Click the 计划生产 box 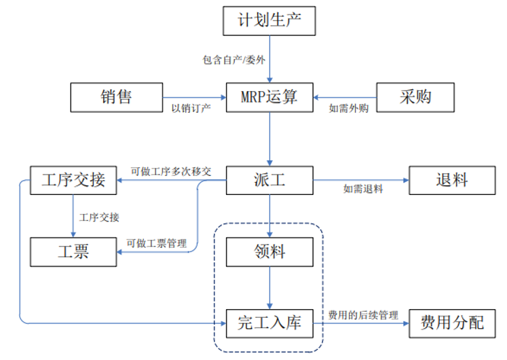coord(269,20)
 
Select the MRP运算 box coord(269,97)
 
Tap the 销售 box coord(117,97)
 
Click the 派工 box coord(269,181)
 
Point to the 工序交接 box coord(73,181)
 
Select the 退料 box coord(451,181)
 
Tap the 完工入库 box coord(269,322)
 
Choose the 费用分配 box coord(451,322)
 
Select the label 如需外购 coord(348,108)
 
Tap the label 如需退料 coord(363,189)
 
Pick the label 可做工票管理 coord(157,242)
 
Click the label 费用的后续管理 coord(363,314)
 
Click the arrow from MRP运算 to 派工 coord(269,139)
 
